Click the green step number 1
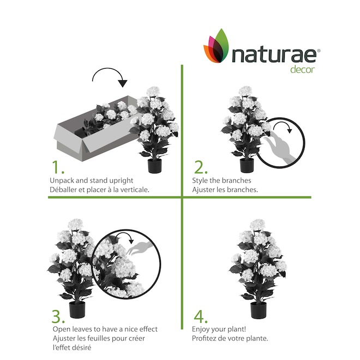58,167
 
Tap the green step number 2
200,167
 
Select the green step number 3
58,316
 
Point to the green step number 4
200,316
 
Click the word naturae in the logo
274,55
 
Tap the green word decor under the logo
302,70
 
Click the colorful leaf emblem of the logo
217,46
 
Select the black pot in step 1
154,165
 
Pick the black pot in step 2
247,165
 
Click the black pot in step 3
77,310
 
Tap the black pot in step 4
259,310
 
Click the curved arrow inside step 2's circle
283,123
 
